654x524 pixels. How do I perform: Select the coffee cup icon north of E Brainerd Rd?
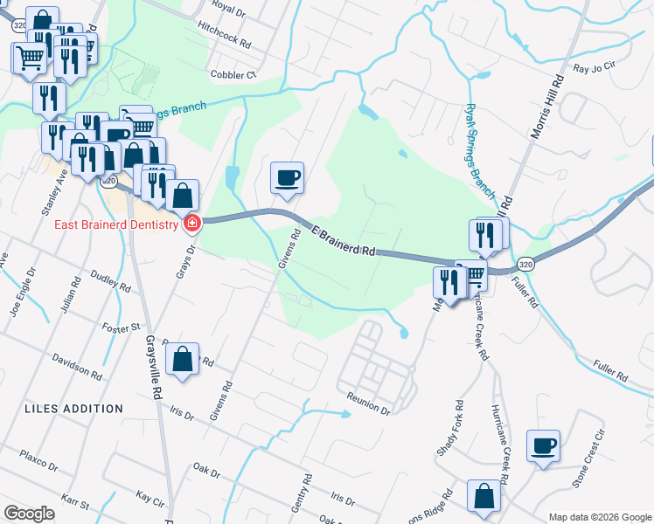pos(287,178)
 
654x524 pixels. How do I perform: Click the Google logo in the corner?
pos(29,514)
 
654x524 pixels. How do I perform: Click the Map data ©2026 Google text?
pos(598,516)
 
